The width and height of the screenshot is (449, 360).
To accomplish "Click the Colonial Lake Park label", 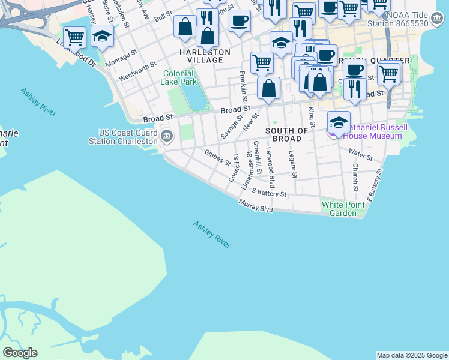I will (179, 77).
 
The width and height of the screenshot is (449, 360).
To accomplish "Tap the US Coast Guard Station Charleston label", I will (128, 137).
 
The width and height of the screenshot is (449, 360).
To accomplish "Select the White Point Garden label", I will (343, 209).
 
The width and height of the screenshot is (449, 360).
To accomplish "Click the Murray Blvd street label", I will (256, 207).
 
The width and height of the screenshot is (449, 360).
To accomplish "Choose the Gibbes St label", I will (217, 157).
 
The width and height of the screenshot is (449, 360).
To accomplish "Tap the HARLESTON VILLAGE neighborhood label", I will (205, 56).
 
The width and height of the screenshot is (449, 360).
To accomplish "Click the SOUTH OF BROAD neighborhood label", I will (286, 134).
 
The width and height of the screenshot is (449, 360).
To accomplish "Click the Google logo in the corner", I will (20, 353).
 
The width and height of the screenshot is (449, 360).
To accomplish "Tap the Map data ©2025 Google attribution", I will (412, 355).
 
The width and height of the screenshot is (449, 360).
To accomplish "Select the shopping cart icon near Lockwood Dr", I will (74, 37).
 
